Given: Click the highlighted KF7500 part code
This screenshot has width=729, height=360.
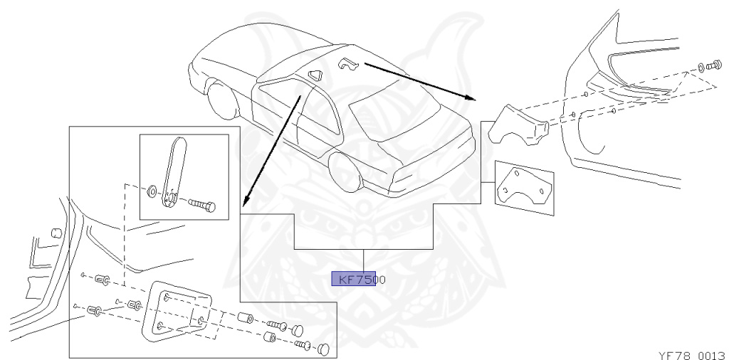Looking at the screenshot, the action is (354, 280).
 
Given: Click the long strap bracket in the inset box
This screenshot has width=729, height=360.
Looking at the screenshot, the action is (174, 174).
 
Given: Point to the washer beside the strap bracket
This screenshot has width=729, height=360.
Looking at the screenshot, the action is (151, 192).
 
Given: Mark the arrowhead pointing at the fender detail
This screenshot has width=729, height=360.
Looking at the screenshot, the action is (470, 97).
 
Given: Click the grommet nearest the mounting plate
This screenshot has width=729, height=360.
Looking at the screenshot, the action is (132, 306).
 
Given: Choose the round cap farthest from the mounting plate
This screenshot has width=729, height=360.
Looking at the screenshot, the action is (325, 348).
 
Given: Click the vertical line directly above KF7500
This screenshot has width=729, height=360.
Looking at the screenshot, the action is (364, 260).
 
